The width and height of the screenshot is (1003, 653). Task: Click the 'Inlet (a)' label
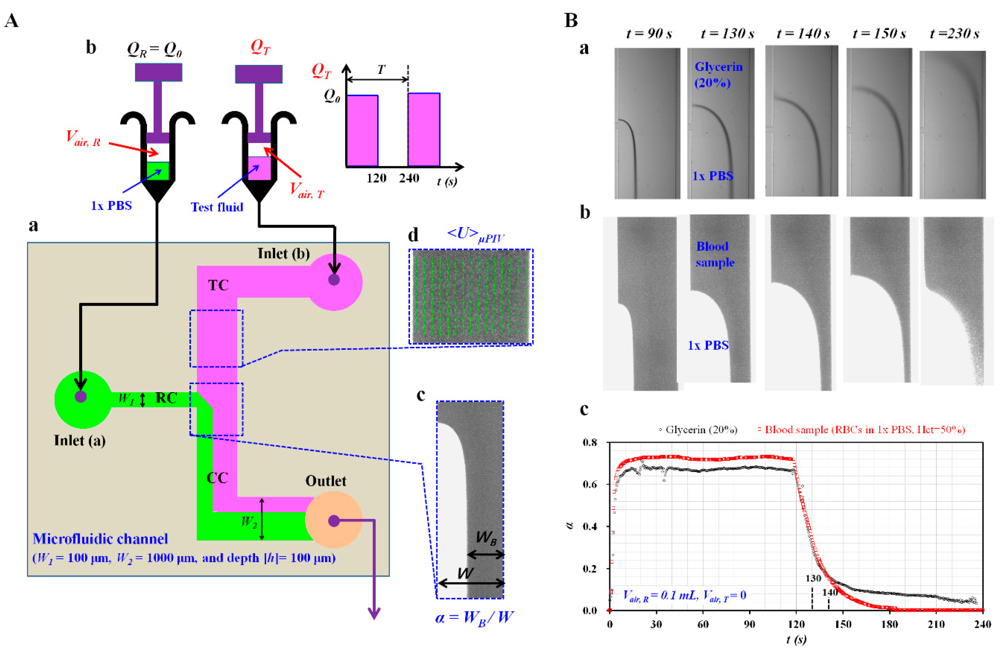click(x=80, y=441)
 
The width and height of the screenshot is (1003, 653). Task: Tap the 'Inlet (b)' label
click(x=284, y=254)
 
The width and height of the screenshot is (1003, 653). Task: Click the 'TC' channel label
click(x=218, y=285)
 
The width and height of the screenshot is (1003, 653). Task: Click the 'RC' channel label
click(x=166, y=398)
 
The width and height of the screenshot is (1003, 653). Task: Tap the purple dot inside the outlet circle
click(x=334, y=521)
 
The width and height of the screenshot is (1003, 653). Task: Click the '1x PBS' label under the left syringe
click(x=111, y=206)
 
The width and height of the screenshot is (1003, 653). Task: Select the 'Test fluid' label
click(x=217, y=207)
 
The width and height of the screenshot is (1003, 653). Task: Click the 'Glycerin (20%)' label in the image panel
click(x=719, y=75)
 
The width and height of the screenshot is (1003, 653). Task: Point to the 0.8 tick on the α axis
click(x=590, y=443)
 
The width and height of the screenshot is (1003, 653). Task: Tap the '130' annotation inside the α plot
click(x=813, y=578)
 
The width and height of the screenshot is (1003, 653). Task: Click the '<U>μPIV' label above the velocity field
click(x=475, y=235)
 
